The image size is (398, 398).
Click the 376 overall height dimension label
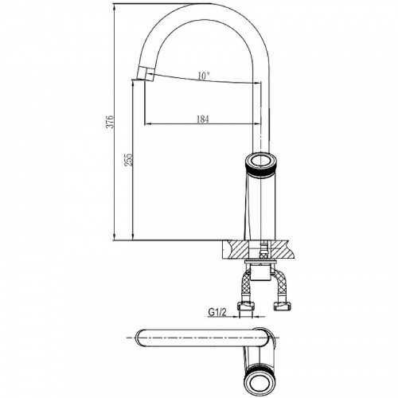click(x=111, y=122)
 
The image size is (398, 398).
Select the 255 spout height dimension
click(x=128, y=160)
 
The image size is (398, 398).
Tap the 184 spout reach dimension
click(x=203, y=119)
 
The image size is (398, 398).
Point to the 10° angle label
click(x=204, y=76)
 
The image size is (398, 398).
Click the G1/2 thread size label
click(x=217, y=312)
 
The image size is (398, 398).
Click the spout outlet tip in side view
click(x=146, y=73)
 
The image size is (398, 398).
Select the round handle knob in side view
click(x=261, y=163)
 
